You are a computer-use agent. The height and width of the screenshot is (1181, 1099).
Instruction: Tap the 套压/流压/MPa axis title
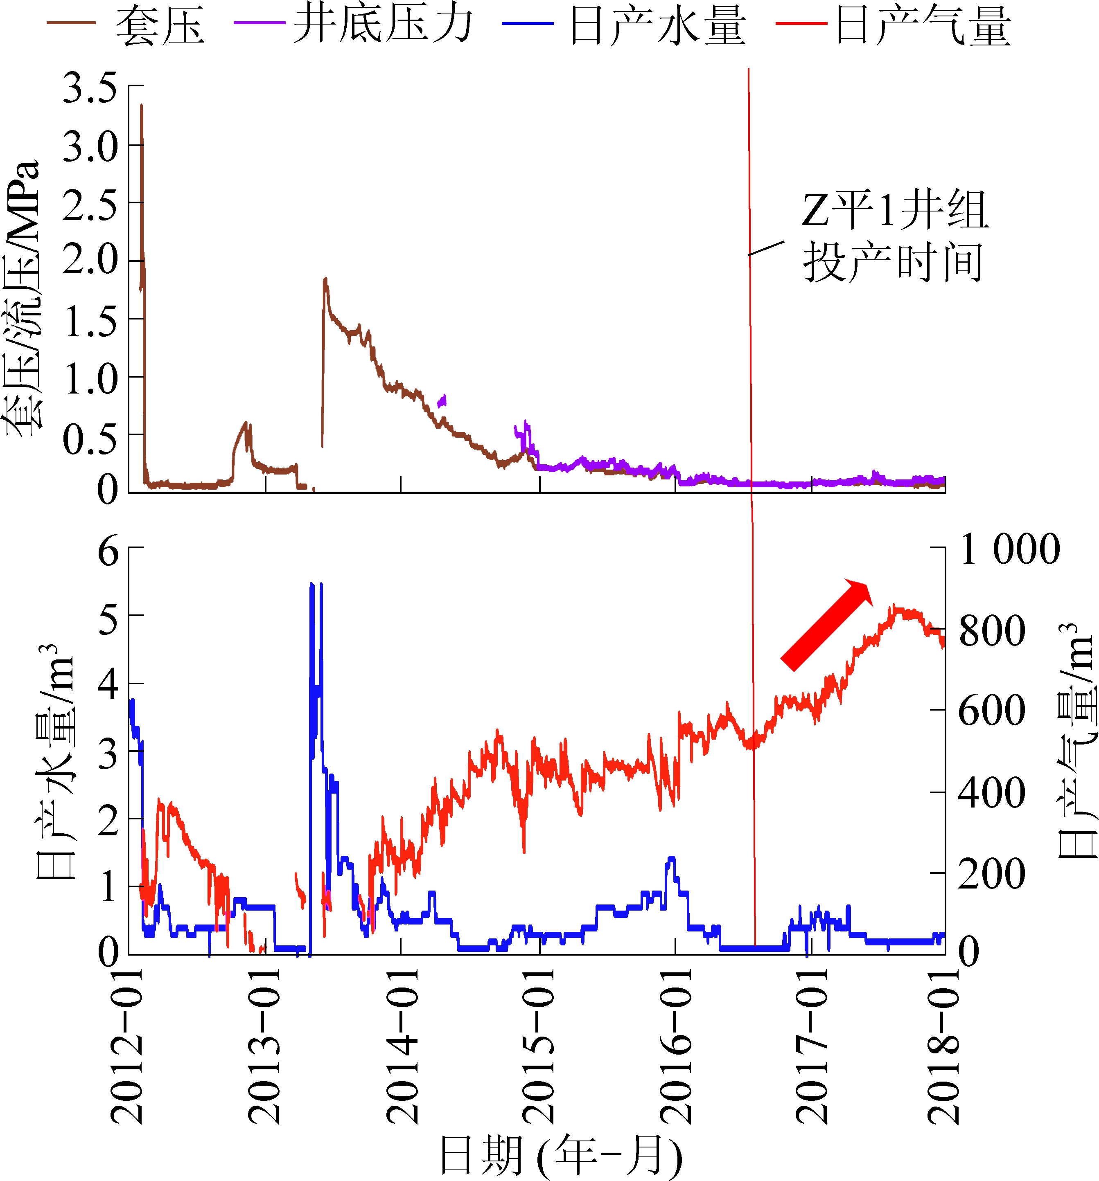coord(23,297)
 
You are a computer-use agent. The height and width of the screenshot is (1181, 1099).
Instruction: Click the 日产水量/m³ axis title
coord(55,760)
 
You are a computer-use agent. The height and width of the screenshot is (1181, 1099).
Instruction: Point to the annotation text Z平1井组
coord(894,210)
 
